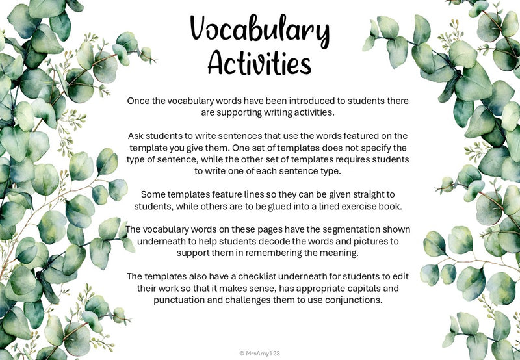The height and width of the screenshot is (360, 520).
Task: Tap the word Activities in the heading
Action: (259, 64)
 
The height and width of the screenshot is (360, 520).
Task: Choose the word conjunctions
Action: (337, 300)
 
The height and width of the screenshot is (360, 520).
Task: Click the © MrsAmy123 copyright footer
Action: (260, 352)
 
